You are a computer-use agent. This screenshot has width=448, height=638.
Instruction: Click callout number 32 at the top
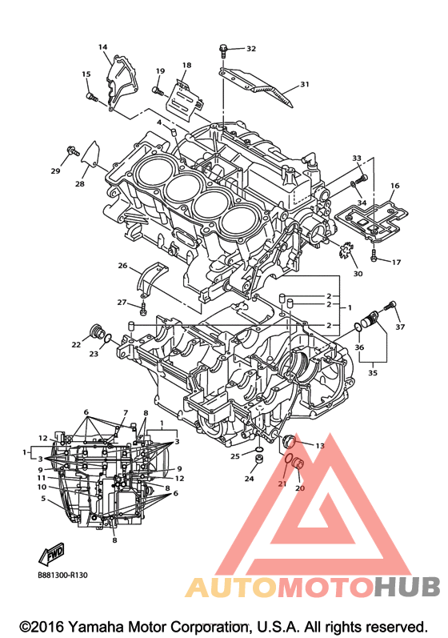point(251,48)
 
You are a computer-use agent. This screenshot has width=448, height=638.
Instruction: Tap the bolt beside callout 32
point(222,50)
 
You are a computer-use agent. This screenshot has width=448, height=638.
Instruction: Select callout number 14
point(103,46)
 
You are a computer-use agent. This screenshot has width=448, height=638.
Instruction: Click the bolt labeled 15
point(91,97)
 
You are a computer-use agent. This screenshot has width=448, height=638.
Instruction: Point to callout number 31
point(305,84)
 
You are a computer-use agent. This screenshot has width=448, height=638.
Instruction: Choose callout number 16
point(394,186)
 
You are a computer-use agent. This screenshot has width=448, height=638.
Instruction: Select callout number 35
point(372,372)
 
